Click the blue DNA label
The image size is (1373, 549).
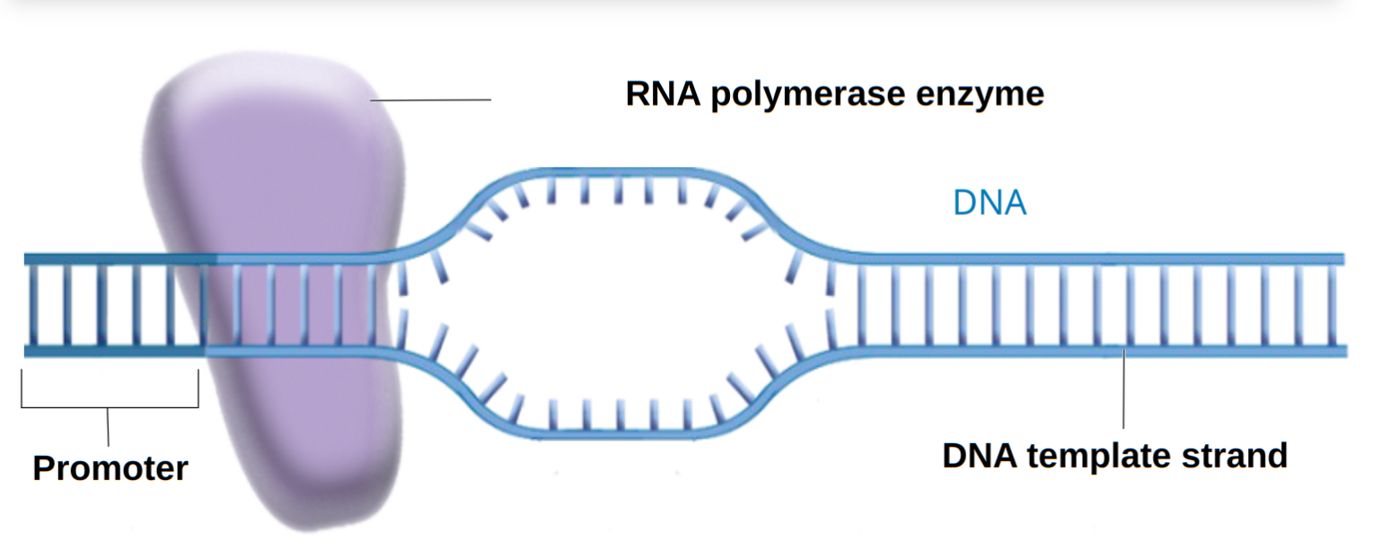[x=989, y=205]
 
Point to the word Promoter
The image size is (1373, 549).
[x=110, y=468]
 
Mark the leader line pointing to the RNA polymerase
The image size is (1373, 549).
[x=431, y=100]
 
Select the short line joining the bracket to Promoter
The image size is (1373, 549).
[x=108, y=427]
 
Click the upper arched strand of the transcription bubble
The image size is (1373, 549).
[x=611, y=170]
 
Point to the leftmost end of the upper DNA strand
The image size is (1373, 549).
[x=27, y=258]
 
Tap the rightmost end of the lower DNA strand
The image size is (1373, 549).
[x=1344, y=351]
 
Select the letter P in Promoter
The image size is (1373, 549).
[x=43, y=468]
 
